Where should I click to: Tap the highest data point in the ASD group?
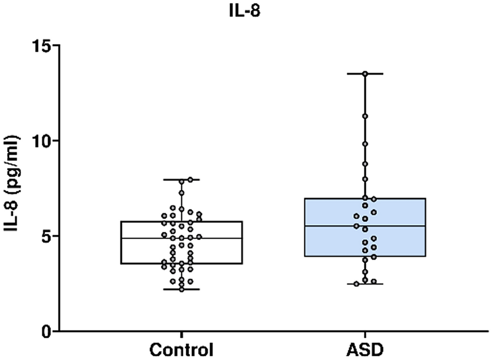(x=365, y=74)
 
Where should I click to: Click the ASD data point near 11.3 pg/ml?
(x=365, y=116)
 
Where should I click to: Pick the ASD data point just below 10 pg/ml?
(x=365, y=144)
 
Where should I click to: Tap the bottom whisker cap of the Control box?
(x=182, y=289)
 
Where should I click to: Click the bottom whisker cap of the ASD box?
(x=365, y=284)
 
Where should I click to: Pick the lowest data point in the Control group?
(x=182, y=289)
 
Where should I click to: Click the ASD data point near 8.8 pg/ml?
(x=365, y=164)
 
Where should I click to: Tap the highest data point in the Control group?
(x=190, y=179)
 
